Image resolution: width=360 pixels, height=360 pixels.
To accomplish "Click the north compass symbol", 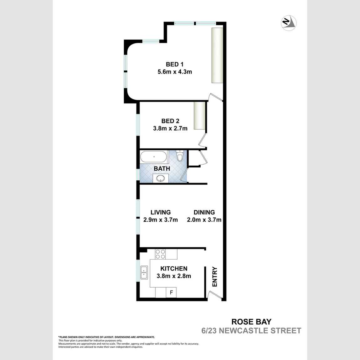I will [x=289, y=23].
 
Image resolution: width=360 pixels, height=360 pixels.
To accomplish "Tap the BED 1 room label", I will [x=175, y=64].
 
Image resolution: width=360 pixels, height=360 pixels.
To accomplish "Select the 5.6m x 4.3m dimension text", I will [x=175, y=72].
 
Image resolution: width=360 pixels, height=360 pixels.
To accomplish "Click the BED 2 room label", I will [x=170, y=121].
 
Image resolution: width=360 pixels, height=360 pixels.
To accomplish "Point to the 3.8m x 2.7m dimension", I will [x=170, y=128].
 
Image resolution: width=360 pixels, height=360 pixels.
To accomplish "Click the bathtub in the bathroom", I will [x=154, y=157].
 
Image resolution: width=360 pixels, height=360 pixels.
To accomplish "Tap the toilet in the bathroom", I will [x=180, y=156].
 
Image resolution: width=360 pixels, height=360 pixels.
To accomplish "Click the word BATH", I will [x=162, y=169].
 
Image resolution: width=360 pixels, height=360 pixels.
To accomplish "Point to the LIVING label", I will [x=161, y=212].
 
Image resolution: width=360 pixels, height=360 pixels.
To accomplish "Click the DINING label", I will [x=204, y=212].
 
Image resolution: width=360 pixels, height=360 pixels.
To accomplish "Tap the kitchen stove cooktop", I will [x=161, y=254].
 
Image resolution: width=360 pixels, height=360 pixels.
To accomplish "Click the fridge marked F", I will [x=171, y=293].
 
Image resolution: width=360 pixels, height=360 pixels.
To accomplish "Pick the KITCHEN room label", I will [x=174, y=269].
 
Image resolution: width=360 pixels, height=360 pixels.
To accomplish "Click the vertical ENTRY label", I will [x=215, y=276].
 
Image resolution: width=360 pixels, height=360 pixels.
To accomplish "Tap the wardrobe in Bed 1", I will [x=217, y=55].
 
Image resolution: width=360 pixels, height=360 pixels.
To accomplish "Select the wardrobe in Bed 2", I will [x=199, y=115].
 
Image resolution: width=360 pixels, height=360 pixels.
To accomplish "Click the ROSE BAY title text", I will [x=251, y=321].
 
